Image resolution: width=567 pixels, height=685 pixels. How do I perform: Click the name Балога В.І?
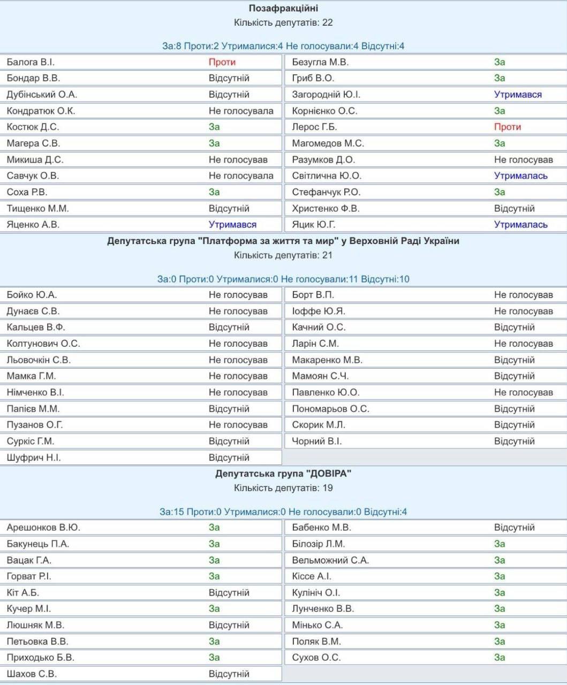point(31,62)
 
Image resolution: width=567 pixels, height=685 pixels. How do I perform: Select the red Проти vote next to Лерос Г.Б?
point(507,127)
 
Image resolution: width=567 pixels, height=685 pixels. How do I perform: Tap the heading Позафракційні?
point(283,9)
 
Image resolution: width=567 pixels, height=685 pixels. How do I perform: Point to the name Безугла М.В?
point(320,62)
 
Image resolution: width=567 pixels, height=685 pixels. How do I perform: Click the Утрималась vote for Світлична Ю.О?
point(520,176)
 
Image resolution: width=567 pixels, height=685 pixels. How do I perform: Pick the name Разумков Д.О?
point(323,159)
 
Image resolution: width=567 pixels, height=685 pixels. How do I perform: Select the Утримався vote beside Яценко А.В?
point(232,225)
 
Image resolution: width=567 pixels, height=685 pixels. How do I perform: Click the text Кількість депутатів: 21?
point(283,255)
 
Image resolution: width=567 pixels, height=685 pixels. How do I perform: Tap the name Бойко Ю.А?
point(32,295)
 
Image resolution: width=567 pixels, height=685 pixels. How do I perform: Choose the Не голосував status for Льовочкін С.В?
point(238,360)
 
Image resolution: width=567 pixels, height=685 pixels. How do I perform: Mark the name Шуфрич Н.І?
point(34,458)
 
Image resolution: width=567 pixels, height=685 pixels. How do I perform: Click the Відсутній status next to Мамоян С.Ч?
point(514,376)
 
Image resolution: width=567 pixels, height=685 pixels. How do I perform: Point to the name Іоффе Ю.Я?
point(319,311)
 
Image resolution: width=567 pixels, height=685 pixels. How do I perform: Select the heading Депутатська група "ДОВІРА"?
point(283,474)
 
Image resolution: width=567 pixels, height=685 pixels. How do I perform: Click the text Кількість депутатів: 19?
point(283,488)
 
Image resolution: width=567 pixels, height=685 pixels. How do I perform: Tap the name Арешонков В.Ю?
point(43,528)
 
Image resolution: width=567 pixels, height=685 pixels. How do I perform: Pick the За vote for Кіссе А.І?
point(500,576)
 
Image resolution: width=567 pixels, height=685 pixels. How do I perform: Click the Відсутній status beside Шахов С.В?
point(229,674)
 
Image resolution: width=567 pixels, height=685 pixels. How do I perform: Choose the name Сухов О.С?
point(316,658)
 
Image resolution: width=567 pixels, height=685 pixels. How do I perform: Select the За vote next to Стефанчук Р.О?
point(500,192)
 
